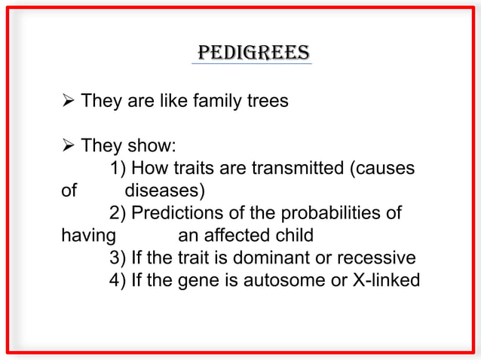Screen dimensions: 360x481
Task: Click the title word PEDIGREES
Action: pos(252,53)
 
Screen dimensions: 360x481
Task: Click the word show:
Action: pos(152,145)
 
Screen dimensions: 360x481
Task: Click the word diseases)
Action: pos(165,190)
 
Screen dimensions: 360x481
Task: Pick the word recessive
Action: pos(377,258)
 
